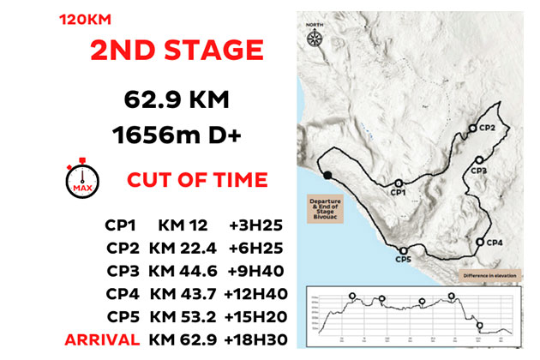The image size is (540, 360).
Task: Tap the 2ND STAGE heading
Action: [x=176, y=50]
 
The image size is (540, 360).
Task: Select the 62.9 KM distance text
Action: [x=176, y=101]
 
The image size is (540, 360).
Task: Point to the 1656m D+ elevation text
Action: [x=176, y=135]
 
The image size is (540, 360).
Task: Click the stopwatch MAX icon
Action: [x=81, y=178]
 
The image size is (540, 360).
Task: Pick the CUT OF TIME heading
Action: [x=197, y=180]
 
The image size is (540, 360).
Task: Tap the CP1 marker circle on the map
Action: [x=398, y=183]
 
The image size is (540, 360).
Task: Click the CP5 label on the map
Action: [x=404, y=258]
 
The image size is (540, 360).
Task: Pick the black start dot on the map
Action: [x=328, y=176]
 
